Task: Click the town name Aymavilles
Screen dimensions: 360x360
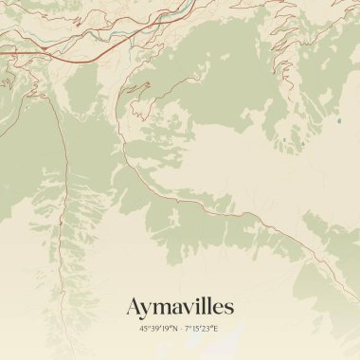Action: pos(180,307)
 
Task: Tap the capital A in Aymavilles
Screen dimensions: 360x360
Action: pos(135,307)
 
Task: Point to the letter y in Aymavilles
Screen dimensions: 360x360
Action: pos(148,310)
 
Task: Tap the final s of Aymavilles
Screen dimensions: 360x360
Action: pos(229,309)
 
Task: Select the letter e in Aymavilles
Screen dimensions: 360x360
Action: pos(220,309)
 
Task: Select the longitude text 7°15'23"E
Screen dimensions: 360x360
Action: pos(202,329)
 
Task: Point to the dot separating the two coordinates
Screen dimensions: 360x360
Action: pos(180,329)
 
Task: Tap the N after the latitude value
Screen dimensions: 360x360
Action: pos(173,329)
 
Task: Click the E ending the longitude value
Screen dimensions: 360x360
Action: pos(216,329)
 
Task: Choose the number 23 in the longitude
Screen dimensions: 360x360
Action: pos(208,329)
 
